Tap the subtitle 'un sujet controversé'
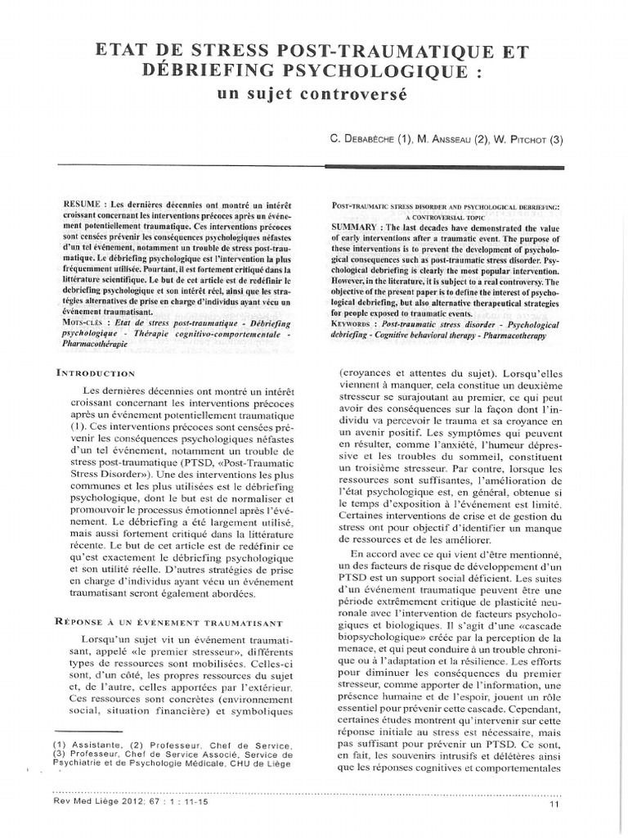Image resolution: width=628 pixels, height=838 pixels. coord(314,94)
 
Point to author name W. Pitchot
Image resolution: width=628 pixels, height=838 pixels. coord(529,139)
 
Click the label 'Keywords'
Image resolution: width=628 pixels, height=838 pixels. coord(357,324)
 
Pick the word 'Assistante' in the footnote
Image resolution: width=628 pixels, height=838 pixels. coord(95,745)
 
